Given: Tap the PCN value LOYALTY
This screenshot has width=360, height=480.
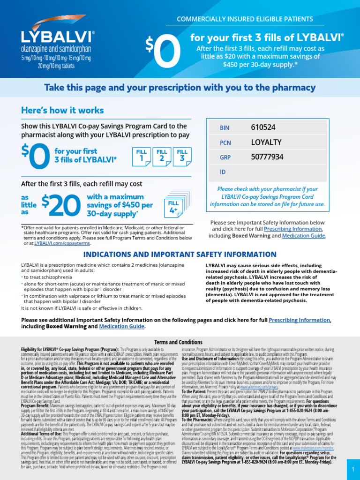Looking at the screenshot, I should [266, 142].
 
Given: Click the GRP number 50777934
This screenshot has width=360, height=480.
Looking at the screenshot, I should [267, 157].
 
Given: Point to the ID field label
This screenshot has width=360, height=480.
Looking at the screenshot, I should [223, 172].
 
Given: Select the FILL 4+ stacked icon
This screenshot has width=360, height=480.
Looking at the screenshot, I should [174, 207].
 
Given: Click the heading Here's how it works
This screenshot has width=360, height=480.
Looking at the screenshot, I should [62, 110].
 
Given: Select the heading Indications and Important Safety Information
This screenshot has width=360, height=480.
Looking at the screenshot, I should [180, 255].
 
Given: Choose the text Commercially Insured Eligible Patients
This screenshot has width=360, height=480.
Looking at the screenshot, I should [245, 19].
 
